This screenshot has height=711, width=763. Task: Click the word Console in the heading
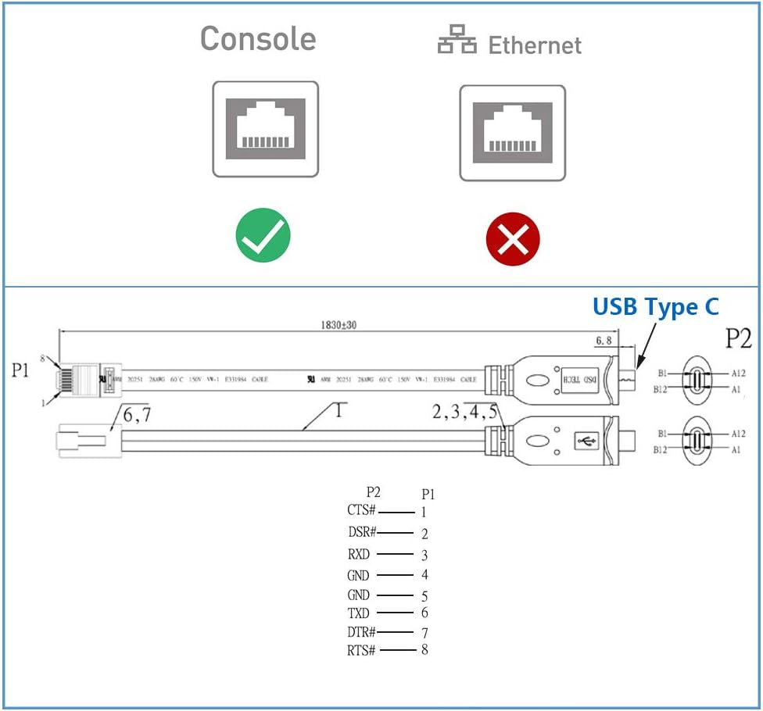(x=258, y=39)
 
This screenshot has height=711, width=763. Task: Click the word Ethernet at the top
(x=535, y=45)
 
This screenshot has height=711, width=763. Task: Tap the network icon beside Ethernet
(x=457, y=41)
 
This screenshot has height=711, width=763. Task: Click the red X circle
(x=513, y=238)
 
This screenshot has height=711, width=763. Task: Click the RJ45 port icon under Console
(x=266, y=129)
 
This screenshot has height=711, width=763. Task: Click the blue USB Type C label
(x=655, y=307)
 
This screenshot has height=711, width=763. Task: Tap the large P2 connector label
(x=737, y=338)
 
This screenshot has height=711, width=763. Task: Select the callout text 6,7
(x=136, y=416)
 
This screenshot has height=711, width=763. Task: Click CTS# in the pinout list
(x=362, y=511)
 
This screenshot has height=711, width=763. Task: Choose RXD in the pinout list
(x=359, y=555)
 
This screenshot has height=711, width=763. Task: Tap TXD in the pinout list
(x=359, y=613)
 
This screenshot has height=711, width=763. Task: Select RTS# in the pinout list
(x=362, y=650)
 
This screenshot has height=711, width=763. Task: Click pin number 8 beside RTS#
(x=424, y=649)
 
